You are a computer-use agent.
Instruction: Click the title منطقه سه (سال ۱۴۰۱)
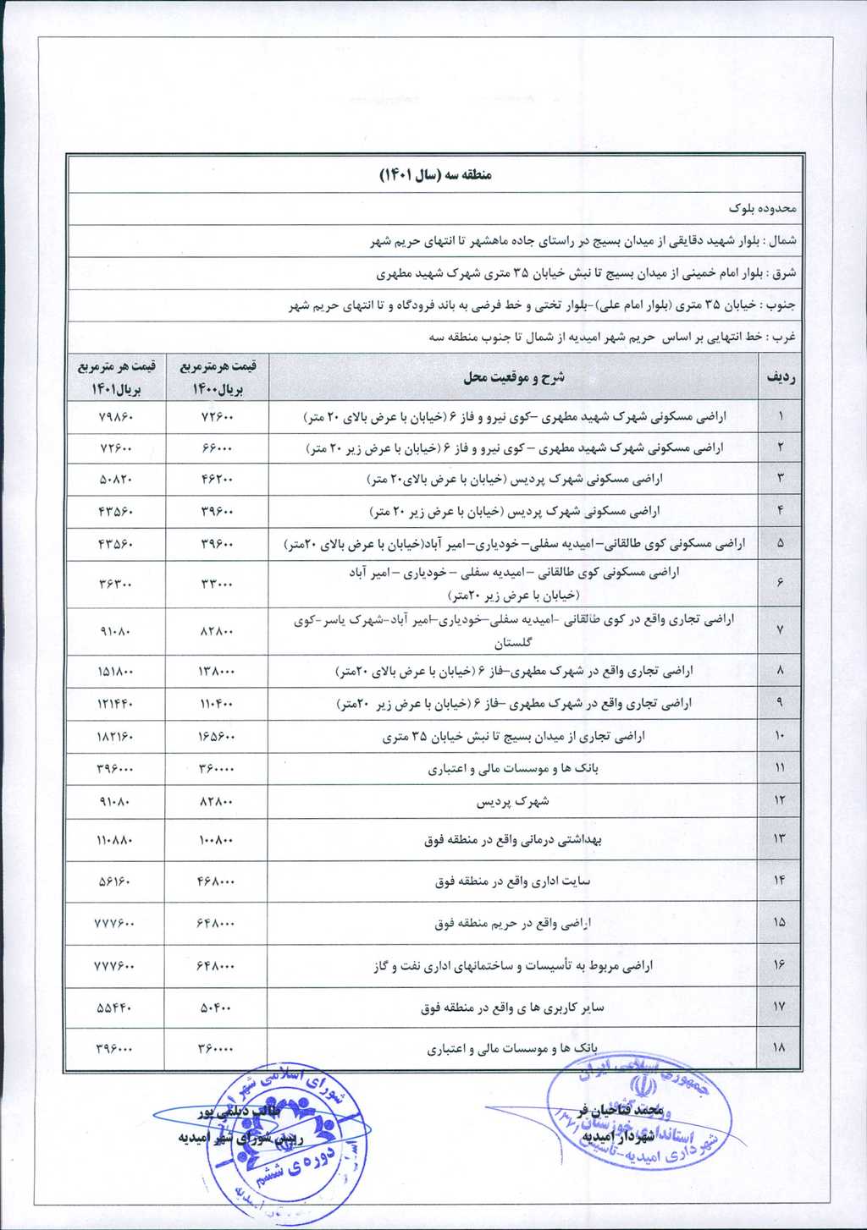[435, 175]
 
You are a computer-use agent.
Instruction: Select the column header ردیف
[780, 378]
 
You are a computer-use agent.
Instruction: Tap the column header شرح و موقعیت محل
[513, 378]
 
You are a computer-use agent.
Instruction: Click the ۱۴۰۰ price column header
[217, 377]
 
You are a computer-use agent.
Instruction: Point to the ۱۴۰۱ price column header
[115, 377]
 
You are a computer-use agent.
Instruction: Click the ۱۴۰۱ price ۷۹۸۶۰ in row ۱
[115, 417]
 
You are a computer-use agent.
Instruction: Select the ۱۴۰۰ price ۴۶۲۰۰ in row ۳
[217, 480]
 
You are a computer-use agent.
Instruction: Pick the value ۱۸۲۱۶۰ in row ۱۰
[115, 737]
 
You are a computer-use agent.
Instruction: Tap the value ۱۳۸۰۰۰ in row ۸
[217, 672]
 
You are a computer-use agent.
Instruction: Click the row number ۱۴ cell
[780, 881]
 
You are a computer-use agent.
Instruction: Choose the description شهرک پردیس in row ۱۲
[513, 801]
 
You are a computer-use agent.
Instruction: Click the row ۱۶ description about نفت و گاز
[513, 965]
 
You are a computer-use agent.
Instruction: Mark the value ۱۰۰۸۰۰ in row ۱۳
[217, 840]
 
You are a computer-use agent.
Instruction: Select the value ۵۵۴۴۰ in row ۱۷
[115, 1008]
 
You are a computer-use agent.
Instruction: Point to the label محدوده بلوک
[763, 208]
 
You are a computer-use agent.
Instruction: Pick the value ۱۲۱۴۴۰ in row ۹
[115, 703]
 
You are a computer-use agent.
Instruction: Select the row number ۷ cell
[780, 631]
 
